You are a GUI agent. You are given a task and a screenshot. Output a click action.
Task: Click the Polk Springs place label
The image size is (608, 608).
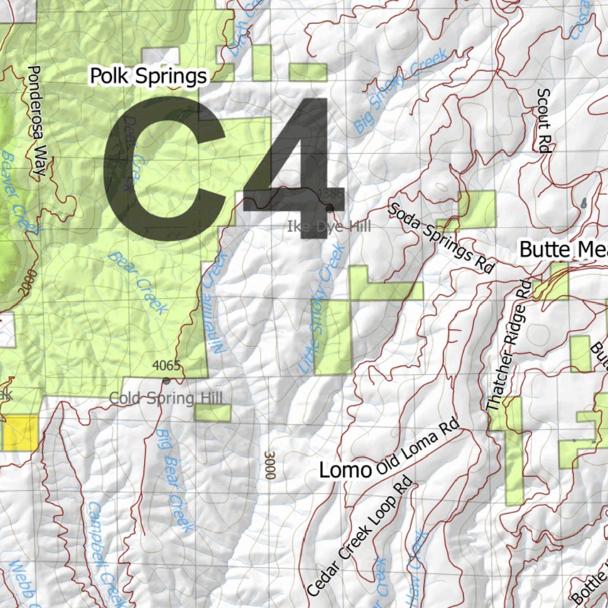click(x=148, y=76)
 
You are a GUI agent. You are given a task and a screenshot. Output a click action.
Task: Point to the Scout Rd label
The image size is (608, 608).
click(x=543, y=121)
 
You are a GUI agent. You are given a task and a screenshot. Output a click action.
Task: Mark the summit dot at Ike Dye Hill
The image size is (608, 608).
click(x=330, y=207)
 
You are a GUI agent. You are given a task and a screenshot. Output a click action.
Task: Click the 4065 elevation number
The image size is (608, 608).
click(x=166, y=365)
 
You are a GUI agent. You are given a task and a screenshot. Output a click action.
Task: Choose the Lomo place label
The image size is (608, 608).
click(x=345, y=471)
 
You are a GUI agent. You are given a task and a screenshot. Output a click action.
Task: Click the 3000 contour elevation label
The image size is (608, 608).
click(x=270, y=465)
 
